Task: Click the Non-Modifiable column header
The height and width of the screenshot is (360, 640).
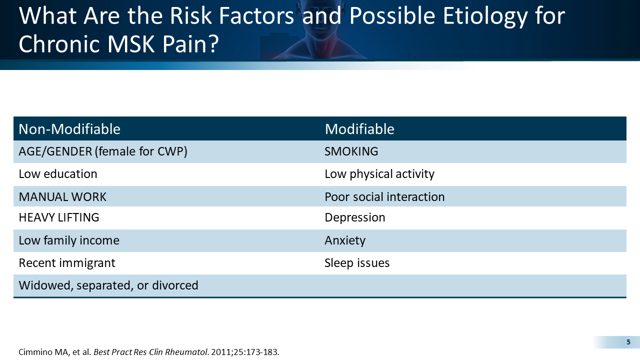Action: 69,129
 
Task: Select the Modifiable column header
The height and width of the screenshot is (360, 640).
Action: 359,129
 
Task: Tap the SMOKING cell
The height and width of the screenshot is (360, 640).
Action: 351,151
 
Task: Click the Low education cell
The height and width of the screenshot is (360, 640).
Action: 58,174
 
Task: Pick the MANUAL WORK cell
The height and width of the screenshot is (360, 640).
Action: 62,196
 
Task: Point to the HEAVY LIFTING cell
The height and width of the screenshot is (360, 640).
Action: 59,217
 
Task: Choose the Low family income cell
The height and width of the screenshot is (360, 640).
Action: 69,240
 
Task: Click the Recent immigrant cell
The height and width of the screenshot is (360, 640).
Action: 67,263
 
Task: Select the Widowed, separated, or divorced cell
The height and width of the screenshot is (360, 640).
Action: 108,285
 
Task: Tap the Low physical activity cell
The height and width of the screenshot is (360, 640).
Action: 379,174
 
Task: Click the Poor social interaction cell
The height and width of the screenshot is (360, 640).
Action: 384,196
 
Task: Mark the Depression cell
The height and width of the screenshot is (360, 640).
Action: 355,217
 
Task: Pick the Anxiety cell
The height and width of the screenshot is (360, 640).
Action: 345,240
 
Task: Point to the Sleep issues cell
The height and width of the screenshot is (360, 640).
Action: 357,263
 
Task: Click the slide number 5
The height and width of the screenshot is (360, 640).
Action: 628,342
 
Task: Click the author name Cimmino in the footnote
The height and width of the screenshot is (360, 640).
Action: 34,351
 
